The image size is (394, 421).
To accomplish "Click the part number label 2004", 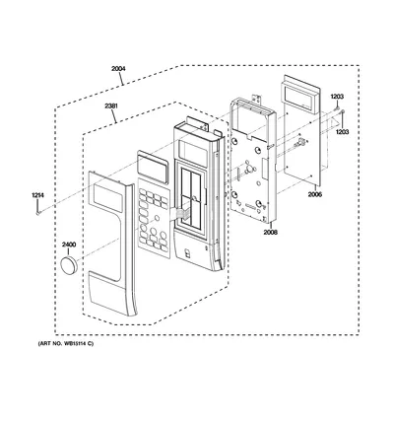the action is [118, 69].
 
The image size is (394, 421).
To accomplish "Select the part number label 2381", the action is [111, 106].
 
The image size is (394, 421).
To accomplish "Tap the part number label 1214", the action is [37, 195].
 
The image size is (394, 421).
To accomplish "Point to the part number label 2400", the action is [69, 245].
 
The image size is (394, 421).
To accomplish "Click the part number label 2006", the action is [315, 194].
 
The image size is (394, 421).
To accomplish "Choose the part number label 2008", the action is [270, 232].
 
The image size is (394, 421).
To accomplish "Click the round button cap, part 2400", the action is [69, 265].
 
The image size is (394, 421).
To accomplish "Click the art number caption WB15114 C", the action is [66, 344].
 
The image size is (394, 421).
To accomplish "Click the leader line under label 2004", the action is [121, 79].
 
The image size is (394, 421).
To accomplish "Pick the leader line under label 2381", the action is [114, 116].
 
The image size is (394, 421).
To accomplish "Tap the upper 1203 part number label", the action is [337, 97].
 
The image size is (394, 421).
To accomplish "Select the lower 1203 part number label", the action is [342, 131].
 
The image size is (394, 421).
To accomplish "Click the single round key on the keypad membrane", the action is [157, 218].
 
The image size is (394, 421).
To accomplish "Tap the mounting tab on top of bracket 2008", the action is [257, 99].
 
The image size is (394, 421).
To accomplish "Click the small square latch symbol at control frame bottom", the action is [187, 253].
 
